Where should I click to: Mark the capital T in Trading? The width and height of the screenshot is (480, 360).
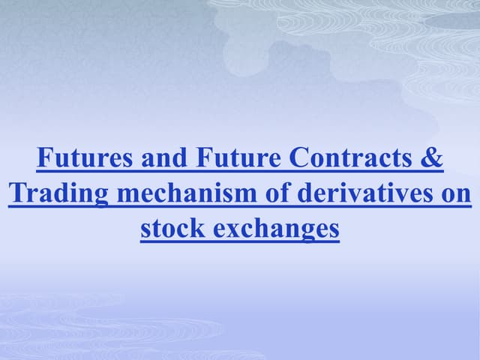click(16, 194)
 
